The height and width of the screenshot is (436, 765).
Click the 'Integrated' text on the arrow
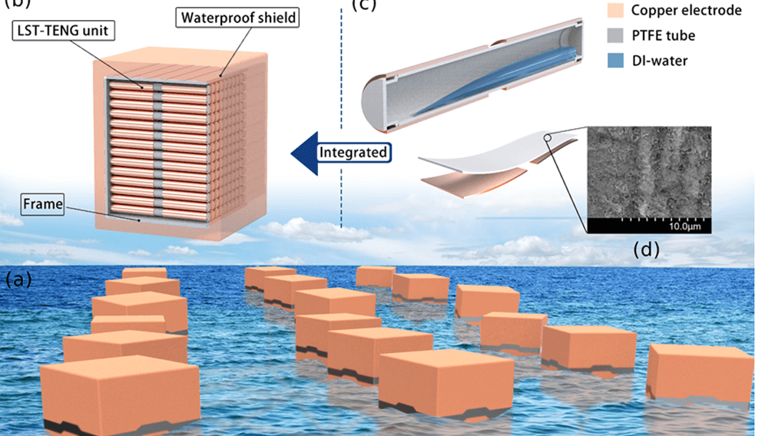[353, 152]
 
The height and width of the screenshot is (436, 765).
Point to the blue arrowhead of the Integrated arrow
[301, 153]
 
